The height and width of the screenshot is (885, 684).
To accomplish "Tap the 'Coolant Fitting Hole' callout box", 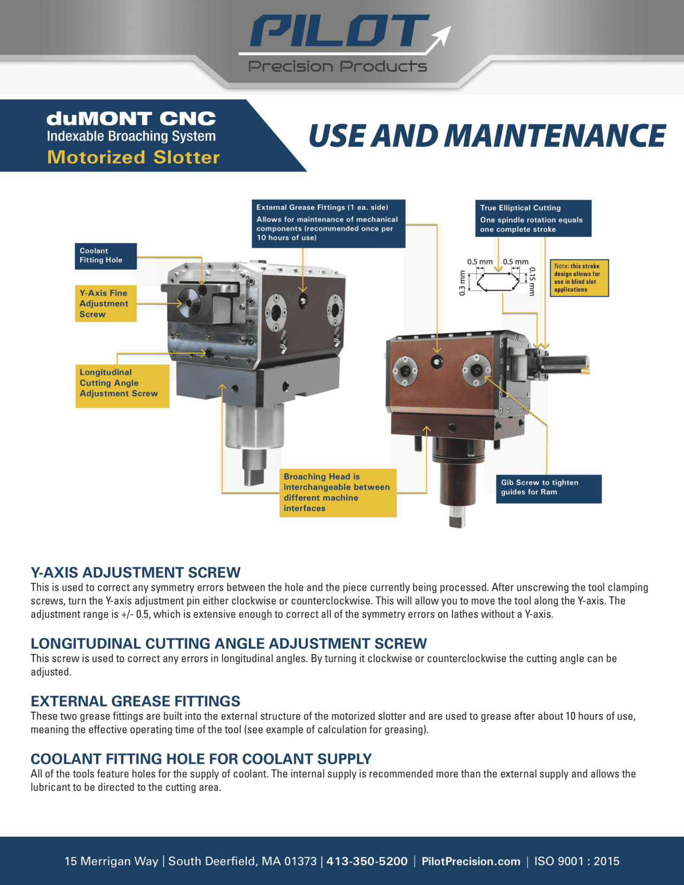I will tap(105, 255).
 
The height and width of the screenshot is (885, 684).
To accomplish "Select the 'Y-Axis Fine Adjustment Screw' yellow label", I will tap(105, 304).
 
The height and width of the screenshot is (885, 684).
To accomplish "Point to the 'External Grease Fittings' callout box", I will tap(328, 223).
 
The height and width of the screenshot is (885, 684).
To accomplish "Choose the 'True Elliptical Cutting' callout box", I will tap(533, 218).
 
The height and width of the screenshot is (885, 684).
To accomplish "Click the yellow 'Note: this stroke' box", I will tap(579, 278).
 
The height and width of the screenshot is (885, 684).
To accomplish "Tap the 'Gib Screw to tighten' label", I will tap(549, 488).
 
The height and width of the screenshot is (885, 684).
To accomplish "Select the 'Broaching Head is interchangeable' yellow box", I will tap(338, 492).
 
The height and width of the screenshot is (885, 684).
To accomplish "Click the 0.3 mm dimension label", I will tap(462, 283).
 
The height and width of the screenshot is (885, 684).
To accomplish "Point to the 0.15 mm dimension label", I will tap(532, 281).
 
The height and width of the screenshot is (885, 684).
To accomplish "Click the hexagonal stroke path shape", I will tap(498, 282).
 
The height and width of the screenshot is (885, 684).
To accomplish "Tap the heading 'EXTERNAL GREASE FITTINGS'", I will tap(135, 701).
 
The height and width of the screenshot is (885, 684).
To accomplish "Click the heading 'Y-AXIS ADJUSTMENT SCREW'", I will tap(135, 572).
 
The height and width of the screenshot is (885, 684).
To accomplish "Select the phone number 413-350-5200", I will tap(367, 861).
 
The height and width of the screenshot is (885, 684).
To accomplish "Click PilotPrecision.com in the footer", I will tap(471, 861).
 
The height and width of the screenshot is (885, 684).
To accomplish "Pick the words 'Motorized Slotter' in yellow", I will tap(133, 157).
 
